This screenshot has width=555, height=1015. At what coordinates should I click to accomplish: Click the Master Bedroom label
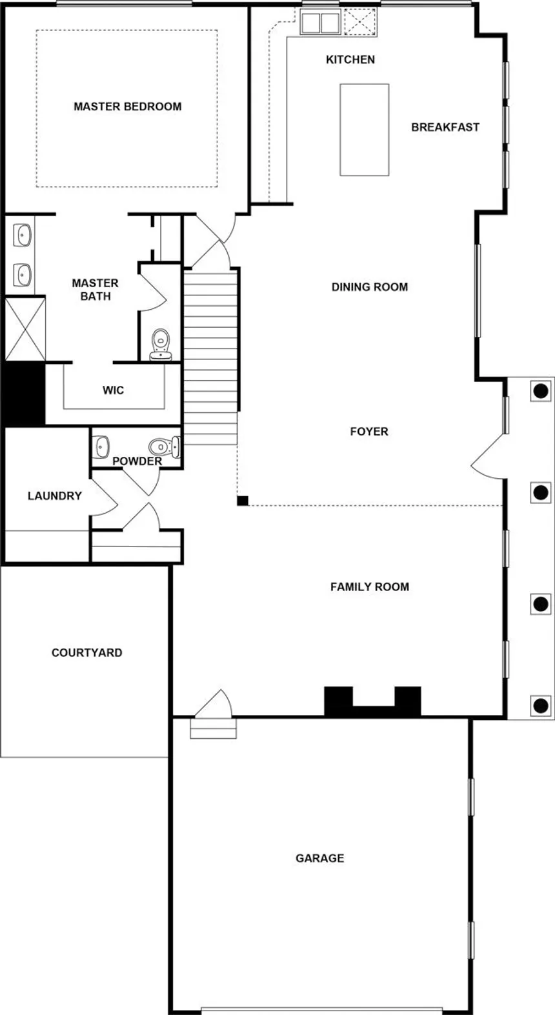point(127,106)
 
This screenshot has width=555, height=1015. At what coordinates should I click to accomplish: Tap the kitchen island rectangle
point(364,130)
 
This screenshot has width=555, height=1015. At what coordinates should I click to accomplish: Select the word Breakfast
point(445,127)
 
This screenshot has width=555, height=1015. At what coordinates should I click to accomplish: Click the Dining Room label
point(369,286)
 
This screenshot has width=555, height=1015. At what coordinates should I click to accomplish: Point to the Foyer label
point(368,431)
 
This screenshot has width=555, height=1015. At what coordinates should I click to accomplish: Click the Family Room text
point(369,587)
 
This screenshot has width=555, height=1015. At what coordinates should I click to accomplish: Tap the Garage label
point(319,858)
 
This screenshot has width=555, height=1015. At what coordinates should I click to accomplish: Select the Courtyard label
point(86,652)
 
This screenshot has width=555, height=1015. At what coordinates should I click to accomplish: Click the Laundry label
point(54,496)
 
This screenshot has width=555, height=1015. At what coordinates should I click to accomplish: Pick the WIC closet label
point(113,390)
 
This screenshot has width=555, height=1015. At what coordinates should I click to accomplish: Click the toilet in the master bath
point(160,343)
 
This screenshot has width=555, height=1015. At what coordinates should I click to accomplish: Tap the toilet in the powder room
point(163,446)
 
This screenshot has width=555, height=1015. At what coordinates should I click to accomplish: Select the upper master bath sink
point(23,236)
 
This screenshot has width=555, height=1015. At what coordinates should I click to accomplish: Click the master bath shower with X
point(25,328)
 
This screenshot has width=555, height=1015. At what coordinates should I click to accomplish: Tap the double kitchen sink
point(320,23)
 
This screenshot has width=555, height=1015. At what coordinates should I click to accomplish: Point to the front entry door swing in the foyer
point(489,457)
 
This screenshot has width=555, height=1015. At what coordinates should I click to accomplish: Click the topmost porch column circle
point(540,390)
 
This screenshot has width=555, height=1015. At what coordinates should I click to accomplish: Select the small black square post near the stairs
point(243,500)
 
